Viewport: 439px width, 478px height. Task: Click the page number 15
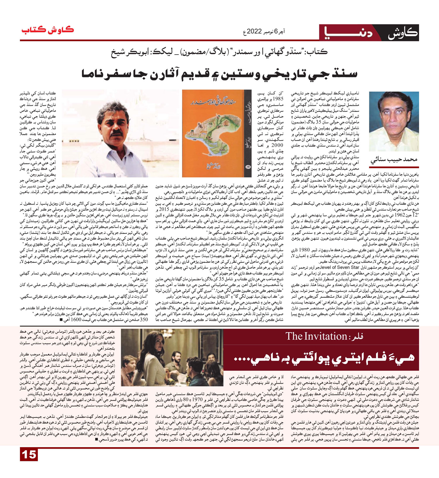[x=29, y=455]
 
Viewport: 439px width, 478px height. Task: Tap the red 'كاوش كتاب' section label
[x=47, y=30]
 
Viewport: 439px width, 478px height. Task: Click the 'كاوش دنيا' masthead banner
[x=369, y=33]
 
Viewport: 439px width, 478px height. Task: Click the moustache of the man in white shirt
[x=116, y=133]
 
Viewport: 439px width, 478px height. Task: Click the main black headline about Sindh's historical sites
[x=220, y=74]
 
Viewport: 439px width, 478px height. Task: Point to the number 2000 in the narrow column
[x=277, y=145]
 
